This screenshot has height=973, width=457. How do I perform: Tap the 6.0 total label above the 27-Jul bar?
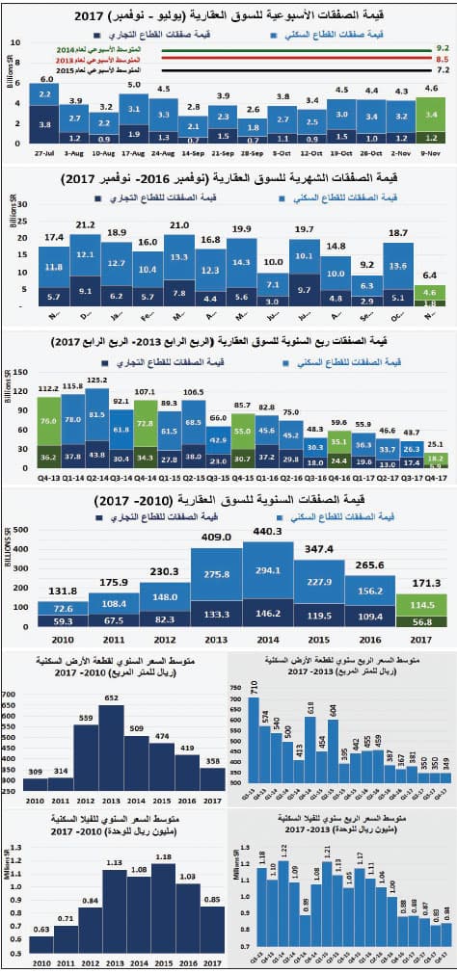pyautogui.click(x=46, y=78)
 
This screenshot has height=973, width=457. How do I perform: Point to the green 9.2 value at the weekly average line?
pyautogui.click(x=444, y=46)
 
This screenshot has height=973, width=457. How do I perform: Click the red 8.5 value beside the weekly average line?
pyautogui.click(x=444, y=59)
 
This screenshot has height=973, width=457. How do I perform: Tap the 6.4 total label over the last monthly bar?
pyautogui.click(x=431, y=275)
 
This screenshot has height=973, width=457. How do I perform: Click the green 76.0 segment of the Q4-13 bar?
pyautogui.click(x=46, y=420)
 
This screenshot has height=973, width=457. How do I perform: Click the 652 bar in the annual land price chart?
pyautogui.click(x=112, y=761)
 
